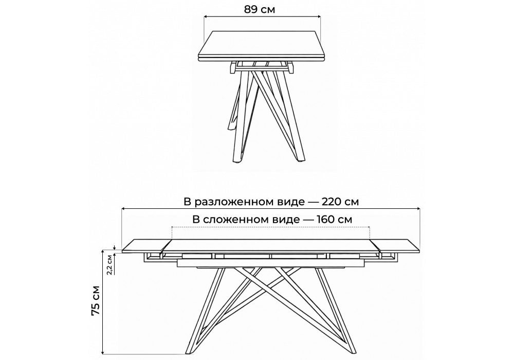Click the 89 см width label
259,9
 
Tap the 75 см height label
96,300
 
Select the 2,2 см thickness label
110,264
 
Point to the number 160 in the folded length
326,219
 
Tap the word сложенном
251,220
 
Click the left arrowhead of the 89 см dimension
206,16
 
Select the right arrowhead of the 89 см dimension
319,16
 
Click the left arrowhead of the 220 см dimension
123,208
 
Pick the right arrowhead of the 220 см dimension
418,208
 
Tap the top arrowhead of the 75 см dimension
103,251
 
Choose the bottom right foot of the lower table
352,351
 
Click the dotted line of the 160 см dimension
271,227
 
